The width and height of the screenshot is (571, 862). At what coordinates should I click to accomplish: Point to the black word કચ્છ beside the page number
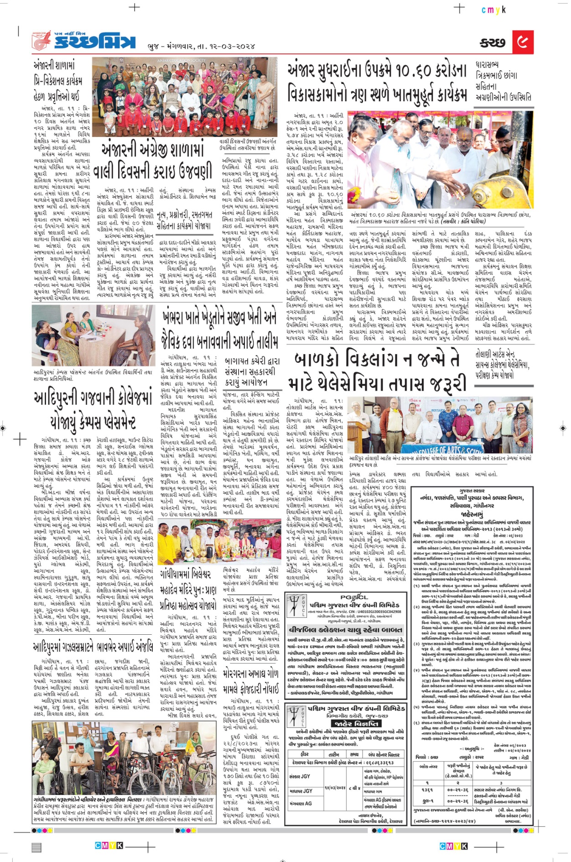[493, 43]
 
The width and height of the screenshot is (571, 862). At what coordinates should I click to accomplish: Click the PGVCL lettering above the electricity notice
[354, 597]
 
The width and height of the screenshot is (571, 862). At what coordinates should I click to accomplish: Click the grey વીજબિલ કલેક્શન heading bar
[345, 630]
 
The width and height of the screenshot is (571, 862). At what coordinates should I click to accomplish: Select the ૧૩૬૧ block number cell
[427, 790]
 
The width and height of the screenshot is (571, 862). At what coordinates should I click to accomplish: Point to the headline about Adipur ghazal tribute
[93, 647]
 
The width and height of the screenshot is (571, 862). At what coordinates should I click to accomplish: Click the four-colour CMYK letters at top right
[493, 10]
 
